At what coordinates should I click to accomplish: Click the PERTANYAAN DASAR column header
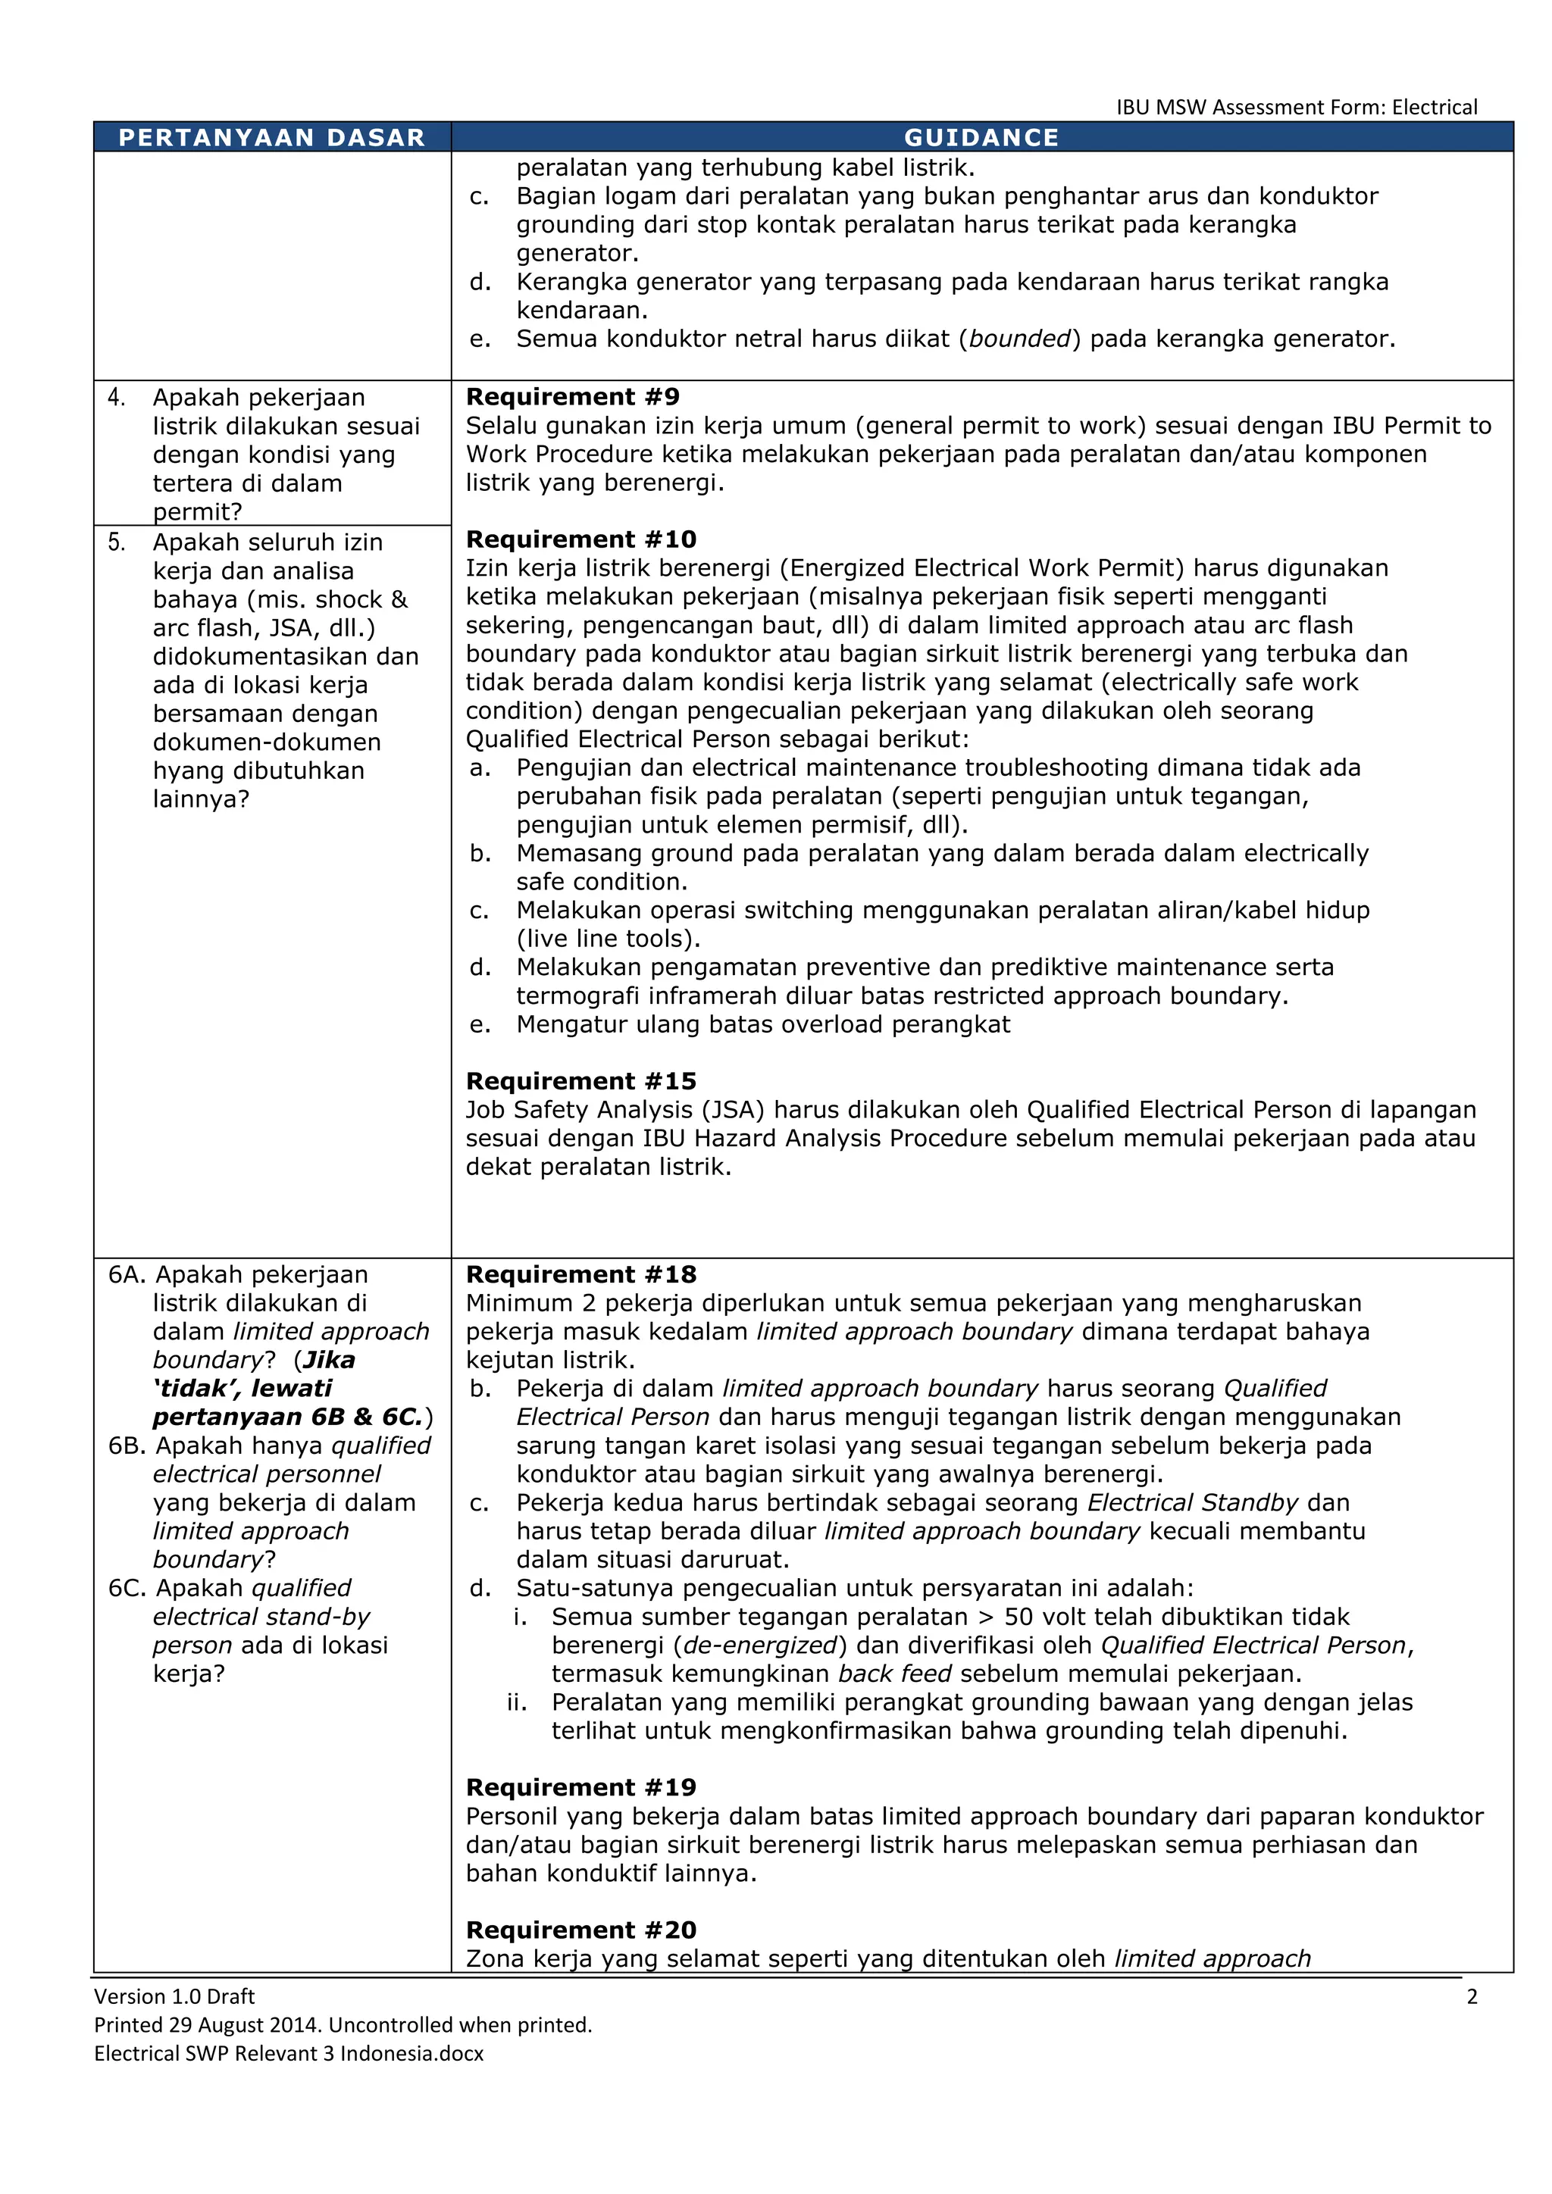tap(271, 138)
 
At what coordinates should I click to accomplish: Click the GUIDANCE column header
tap(981, 138)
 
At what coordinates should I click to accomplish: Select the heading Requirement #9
tap(572, 396)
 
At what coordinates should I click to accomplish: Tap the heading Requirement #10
tap(581, 539)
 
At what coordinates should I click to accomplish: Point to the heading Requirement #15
tap(581, 1081)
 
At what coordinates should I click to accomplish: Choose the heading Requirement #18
tap(581, 1274)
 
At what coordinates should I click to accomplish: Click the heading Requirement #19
tap(581, 1787)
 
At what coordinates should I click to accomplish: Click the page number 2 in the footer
tap(1472, 1996)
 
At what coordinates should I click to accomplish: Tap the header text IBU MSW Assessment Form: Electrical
tap(1296, 107)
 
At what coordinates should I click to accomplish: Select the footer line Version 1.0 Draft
tap(174, 1996)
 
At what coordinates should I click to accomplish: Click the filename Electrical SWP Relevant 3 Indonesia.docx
tap(289, 2054)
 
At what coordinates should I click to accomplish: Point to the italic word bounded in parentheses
tap(1020, 339)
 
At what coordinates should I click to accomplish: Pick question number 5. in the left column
tap(117, 542)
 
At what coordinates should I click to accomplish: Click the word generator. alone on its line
tap(577, 253)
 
